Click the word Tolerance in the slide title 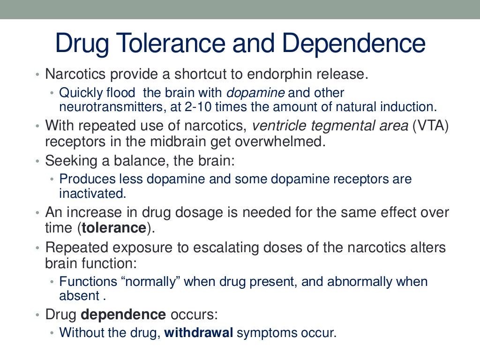click(x=161, y=43)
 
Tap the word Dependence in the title click(x=354, y=43)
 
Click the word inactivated click(x=93, y=193)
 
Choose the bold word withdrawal click(x=199, y=333)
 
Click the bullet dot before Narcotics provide click(x=37, y=75)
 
